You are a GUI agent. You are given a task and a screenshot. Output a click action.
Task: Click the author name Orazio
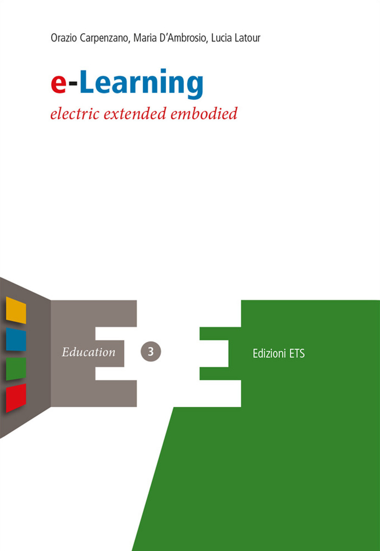(63, 38)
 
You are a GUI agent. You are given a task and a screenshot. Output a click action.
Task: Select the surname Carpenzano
(104, 38)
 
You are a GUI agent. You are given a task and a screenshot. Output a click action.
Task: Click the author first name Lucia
(221, 38)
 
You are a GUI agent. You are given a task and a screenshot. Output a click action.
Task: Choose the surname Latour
(248, 38)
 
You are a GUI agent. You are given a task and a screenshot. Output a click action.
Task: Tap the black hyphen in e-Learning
(73, 85)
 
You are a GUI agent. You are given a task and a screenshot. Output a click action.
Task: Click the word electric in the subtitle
(75, 114)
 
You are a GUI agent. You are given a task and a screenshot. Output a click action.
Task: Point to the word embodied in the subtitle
(204, 114)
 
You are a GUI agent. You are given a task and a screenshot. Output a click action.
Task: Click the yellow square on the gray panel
(16, 310)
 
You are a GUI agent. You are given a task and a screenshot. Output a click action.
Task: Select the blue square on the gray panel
(16, 339)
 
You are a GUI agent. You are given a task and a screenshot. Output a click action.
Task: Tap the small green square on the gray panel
(16, 368)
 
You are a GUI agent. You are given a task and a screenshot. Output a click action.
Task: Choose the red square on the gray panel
(16, 398)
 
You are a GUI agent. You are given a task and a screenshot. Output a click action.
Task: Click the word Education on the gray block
(89, 352)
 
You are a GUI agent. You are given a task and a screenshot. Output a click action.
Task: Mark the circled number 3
(151, 352)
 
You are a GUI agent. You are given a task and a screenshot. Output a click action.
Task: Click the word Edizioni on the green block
(269, 354)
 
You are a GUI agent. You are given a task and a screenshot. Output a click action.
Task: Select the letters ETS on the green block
(297, 354)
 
